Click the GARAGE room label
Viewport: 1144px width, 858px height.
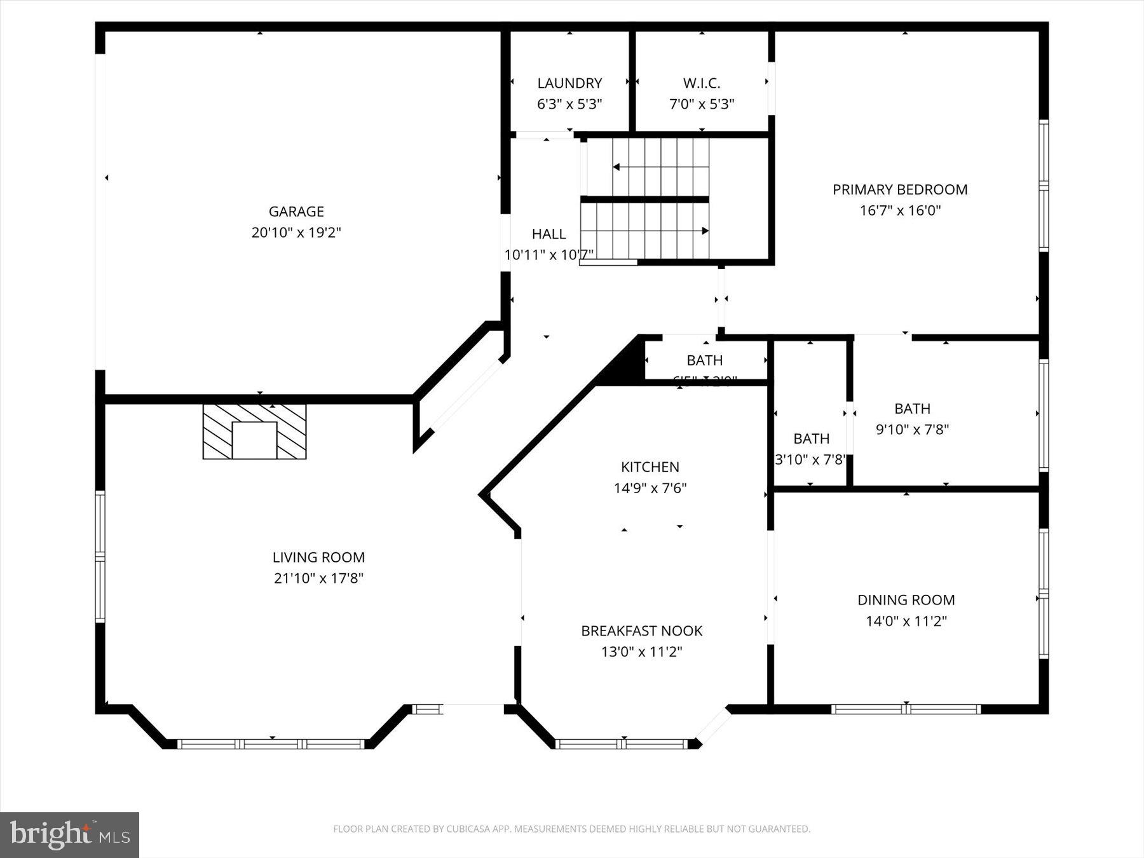[x=296, y=212]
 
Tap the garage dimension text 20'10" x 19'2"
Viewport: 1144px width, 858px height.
[x=296, y=233]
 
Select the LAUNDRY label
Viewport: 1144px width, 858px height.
[x=569, y=83]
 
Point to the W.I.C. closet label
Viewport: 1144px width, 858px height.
[x=702, y=83]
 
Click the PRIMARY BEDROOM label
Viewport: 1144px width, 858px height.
[x=900, y=189]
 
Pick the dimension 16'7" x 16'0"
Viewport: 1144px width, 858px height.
[x=900, y=210]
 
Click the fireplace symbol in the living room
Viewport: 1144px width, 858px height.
[x=254, y=432]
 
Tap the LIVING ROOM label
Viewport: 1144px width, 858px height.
[x=318, y=557]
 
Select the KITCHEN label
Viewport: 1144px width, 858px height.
[x=650, y=467]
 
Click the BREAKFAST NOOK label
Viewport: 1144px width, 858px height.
[x=641, y=631]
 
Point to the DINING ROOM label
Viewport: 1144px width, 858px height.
[x=906, y=600]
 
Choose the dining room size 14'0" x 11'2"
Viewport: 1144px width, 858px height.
[x=906, y=621]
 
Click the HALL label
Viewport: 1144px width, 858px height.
[x=548, y=234]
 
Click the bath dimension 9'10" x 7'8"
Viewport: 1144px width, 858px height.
[x=912, y=430]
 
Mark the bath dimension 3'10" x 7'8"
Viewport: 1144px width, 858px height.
[x=810, y=460]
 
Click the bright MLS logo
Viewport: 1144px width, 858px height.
[x=69, y=834]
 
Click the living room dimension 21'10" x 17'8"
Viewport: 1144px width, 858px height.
[x=318, y=578]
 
